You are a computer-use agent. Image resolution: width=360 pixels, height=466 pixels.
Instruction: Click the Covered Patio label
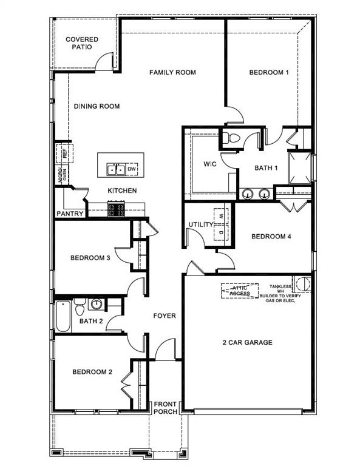(82, 43)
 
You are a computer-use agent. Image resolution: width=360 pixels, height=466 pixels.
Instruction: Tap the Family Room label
(172, 73)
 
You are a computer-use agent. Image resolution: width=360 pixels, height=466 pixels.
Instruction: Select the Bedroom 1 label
(269, 73)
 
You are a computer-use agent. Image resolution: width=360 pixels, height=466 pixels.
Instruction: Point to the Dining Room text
(97, 107)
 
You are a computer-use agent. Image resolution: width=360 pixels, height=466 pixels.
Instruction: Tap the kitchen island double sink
(116, 169)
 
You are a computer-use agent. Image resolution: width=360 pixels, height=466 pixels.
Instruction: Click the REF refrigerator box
(64, 152)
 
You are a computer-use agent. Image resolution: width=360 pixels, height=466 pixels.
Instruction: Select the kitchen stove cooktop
(117, 210)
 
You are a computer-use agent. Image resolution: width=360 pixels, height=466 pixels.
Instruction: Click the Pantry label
(70, 214)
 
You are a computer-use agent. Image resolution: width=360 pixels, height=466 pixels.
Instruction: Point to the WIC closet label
(210, 164)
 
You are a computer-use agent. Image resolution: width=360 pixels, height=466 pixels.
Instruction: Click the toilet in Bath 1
(230, 138)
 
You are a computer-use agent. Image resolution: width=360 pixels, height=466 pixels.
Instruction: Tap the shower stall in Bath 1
(299, 166)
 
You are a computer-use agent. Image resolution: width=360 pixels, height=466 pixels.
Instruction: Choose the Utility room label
(200, 225)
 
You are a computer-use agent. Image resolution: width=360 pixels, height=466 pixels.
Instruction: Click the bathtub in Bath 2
(63, 316)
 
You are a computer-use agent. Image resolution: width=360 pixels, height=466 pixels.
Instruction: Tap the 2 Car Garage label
(246, 342)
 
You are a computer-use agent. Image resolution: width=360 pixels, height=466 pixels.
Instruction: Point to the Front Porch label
(165, 408)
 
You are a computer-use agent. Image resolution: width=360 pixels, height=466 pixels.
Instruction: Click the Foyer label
(164, 316)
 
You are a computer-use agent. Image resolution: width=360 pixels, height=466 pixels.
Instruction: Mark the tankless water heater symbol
(303, 284)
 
